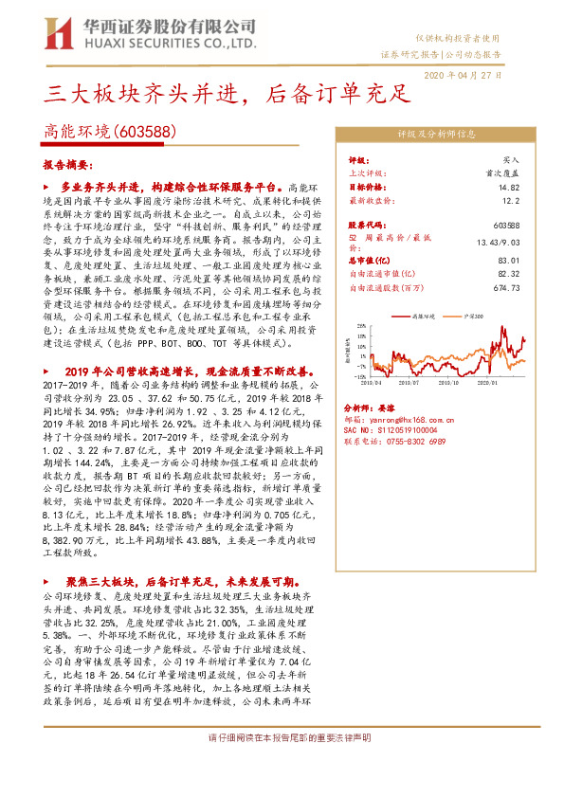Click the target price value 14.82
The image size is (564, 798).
pyautogui.click(x=510, y=188)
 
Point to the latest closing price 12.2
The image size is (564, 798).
pyautogui.click(x=512, y=201)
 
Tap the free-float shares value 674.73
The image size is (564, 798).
pyautogui.click(x=507, y=287)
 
